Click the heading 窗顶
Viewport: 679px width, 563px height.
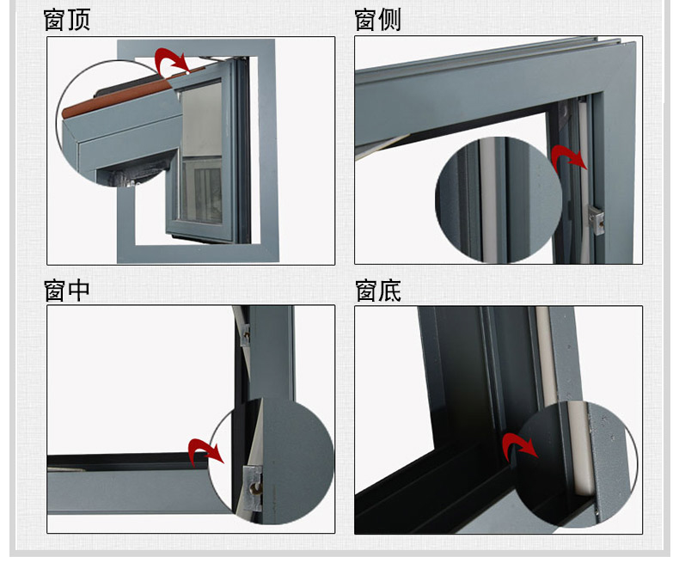[x=67, y=20]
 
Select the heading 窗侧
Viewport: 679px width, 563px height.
[x=378, y=20]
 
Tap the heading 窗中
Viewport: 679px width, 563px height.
[x=67, y=291]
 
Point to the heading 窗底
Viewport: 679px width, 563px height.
[x=378, y=291]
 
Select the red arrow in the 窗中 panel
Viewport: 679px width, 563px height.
[x=205, y=450]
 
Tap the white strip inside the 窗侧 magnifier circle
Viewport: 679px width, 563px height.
[x=489, y=202]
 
